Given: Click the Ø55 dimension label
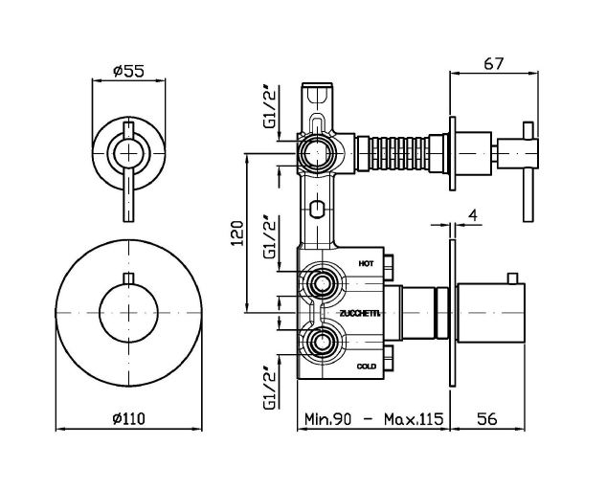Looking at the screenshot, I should pos(127,69).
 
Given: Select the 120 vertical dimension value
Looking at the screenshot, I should pos(240,232).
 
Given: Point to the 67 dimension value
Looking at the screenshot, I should pos(494,63).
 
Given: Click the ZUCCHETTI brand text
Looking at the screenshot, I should pos(360,313).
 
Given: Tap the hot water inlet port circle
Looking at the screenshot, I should pos(322,283).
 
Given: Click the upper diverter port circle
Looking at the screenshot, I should pos(315,153).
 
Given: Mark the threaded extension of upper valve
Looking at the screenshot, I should pos(393,152).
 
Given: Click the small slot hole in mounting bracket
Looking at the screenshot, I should pos(316,209).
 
